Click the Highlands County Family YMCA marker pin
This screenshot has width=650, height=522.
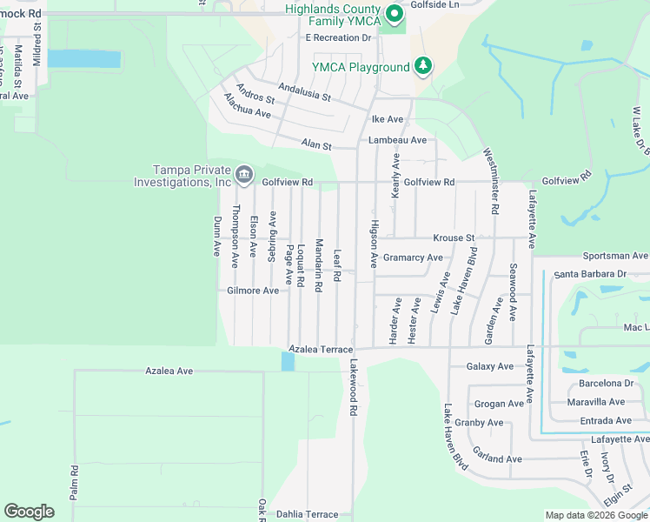click(x=394, y=13)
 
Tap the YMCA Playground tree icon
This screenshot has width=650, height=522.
click(x=423, y=66)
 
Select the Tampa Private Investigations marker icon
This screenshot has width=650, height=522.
click(x=244, y=176)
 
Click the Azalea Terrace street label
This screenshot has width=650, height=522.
click(x=322, y=349)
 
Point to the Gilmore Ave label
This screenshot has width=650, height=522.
click(x=253, y=291)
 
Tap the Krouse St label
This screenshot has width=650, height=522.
click(x=454, y=238)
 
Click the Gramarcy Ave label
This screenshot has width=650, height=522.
click(x=413, y=258)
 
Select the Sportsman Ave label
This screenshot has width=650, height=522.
click(x=615, y=257)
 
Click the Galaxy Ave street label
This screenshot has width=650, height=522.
click(x=489, y=366)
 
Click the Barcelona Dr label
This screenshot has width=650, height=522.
click(x=607, y=383)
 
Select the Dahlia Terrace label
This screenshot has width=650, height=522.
click(x=303, y=514)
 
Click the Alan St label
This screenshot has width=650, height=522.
click(x=316, y=145)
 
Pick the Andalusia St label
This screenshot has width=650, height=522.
click(x=304, y=91)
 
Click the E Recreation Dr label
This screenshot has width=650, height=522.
click(x=338, y=38)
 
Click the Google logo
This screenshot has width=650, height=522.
click(x=29, y=512)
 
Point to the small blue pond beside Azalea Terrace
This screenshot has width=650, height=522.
click(x=288, y=360)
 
